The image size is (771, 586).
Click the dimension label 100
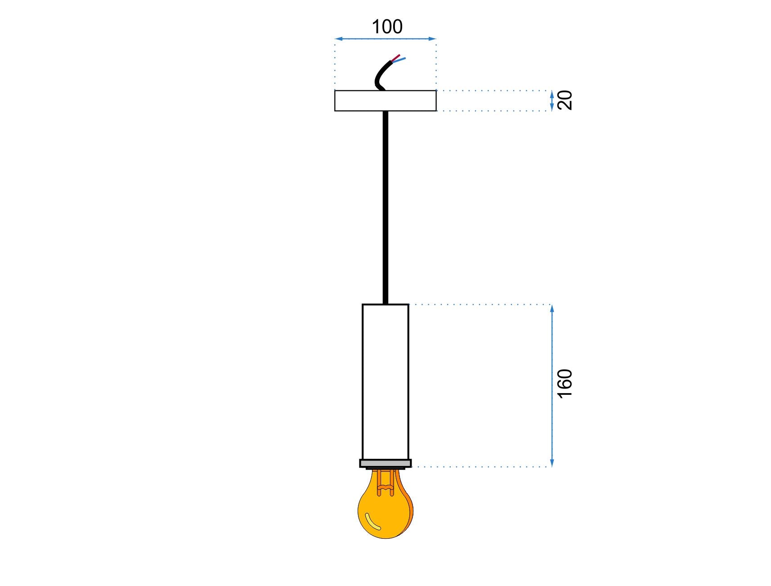[387, 27]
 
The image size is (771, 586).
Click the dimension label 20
[565, 100]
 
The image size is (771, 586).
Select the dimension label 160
[565, 383]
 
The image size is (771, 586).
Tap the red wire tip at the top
[399, 55]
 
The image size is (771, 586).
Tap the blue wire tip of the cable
[404, 58]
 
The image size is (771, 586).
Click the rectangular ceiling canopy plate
[385, 100]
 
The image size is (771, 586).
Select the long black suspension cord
[385, 207]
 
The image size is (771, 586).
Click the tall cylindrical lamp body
[385, 382]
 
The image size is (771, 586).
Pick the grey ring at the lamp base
[385, 463]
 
